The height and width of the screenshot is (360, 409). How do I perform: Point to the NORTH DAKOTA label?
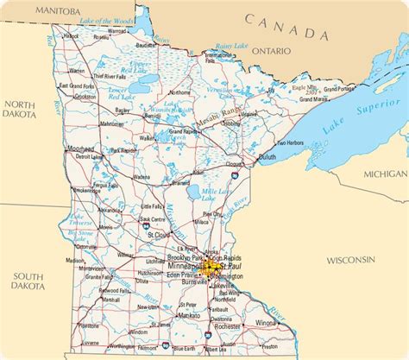[x=18, y=109]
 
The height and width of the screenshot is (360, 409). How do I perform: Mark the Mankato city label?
[x=189, y=316]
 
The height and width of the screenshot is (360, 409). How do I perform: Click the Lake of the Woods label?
[x=109, y=20]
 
